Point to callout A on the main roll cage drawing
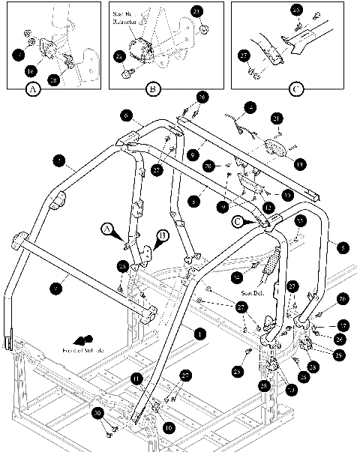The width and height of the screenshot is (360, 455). tap(108, 228)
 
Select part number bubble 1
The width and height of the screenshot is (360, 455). tap(199, 331)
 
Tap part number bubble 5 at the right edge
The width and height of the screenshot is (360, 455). tap(343, 246)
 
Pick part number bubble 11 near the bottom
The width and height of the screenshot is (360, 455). tap(136, 380)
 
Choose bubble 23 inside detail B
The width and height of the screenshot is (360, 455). tap(197, 11)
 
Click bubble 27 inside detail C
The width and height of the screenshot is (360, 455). tap(244, 54)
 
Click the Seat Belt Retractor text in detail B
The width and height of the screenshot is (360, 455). tap(139, 28)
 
